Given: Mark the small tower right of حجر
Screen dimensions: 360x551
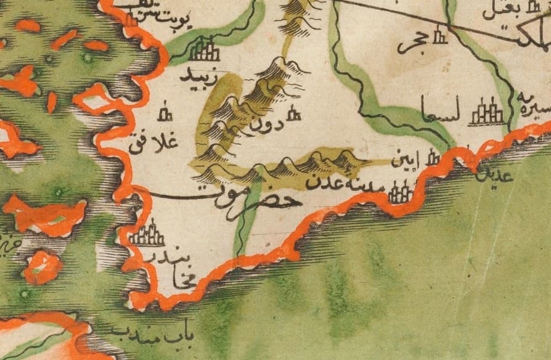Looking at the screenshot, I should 439,37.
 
